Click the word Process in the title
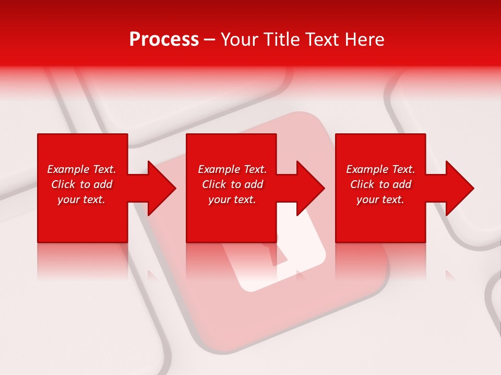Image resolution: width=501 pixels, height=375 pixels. pos(164,39)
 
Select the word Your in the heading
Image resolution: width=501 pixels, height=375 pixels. pos(238,39)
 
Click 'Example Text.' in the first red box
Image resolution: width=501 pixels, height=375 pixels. pos(81,169)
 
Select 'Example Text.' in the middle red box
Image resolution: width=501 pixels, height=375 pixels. pos(232,169)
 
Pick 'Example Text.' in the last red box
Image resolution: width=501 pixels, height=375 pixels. pos(380,169)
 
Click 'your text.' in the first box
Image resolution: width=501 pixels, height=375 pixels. pos(81,199)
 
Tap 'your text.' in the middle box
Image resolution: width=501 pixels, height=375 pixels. pos(232,199)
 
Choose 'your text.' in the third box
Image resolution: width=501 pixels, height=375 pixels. pos(380,199)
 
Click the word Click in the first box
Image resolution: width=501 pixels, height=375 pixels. pos(64,184)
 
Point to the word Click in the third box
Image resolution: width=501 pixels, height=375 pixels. pos(363,184)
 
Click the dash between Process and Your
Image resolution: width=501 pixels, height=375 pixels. pos(209,40)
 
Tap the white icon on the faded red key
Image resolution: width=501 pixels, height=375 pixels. pos(282,260)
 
